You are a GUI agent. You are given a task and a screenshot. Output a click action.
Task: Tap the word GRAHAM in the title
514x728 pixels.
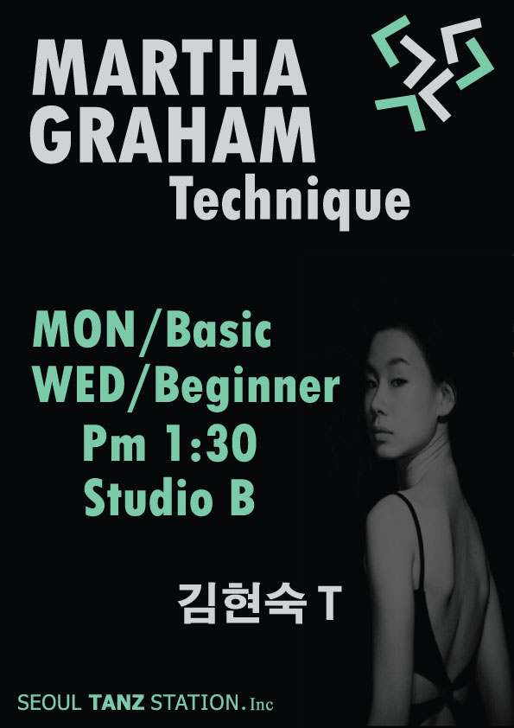coord(173,135)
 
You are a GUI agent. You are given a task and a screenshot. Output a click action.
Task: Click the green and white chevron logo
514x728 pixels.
coord(434,73)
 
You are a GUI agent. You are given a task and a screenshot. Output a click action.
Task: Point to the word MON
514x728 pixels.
coord(84,331)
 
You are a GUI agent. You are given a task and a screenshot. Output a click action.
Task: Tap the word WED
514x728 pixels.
coord(80,386)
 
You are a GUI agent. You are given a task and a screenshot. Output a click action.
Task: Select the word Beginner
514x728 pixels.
coord(246,390)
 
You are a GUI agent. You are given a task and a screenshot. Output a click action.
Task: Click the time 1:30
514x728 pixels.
coord(212,444)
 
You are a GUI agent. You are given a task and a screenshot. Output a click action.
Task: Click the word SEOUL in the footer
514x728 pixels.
coord(49,703)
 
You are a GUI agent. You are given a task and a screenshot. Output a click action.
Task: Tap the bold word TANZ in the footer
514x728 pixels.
coord(116,703)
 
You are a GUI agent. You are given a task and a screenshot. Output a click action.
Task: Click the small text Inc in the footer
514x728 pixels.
coord(261,704)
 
